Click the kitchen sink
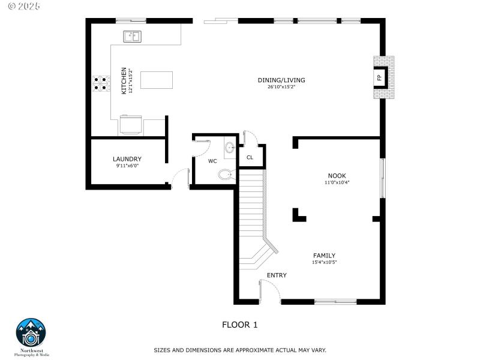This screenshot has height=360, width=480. (x=133, y=37)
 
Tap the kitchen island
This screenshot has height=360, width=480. (x=157, y=80)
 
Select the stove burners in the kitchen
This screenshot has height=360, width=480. (x=100, y=83)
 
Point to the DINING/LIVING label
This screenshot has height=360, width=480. (x=281, y=80)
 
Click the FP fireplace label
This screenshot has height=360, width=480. (x=379, y=78)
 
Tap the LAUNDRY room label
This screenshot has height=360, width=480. (x=127, y=159)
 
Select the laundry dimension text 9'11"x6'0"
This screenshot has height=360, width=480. (x=127, y=166)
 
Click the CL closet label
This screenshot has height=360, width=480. (x=250, y=157)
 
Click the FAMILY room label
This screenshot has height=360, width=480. (x=324, y=255)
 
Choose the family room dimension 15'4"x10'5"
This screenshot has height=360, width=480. (x=324, y=262)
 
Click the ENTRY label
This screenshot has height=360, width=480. (x=277, y=275)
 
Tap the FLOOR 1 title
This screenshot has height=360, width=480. (x=239, y=325)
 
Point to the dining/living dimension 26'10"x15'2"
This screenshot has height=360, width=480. (x=281, y=87)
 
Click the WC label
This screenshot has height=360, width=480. (x=212, y=161)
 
